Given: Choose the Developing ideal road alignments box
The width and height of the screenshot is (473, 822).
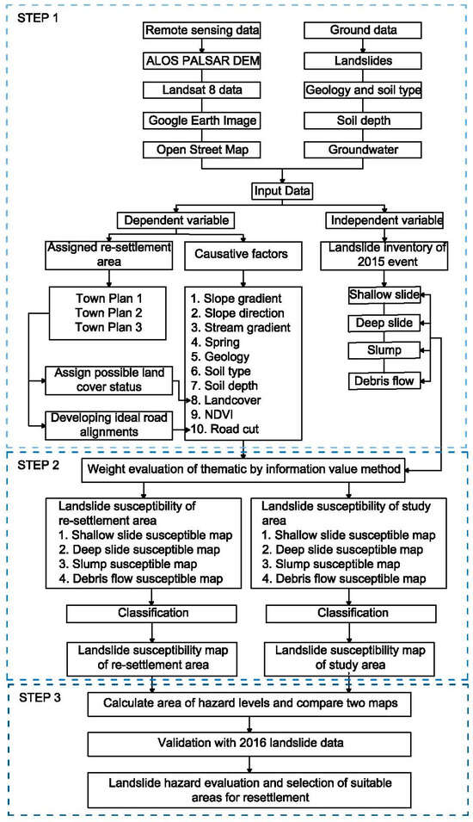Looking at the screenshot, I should tap(106, 422).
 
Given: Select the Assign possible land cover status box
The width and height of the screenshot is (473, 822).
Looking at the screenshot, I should tap(106, 381).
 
